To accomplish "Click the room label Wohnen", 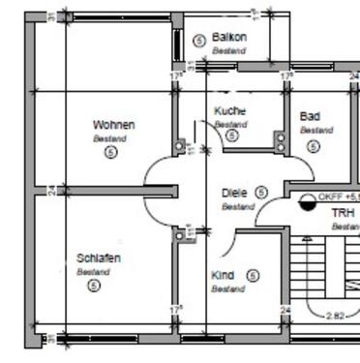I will click(x=113, y=125).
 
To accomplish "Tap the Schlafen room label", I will click(x=99, y=258).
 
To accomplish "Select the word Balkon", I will click(x=229, y=38).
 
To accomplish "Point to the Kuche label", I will click(x=229, y=111).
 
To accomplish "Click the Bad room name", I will click(x=311, y=116).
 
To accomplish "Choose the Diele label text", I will click(x=234, y=193).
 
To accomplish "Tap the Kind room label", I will click(x=223, y=275).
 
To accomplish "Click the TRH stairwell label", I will click(x=343, y=213).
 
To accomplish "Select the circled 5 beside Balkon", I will click(x=199, y=41).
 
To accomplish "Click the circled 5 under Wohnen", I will click(x=109, y=153).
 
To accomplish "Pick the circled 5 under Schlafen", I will click(x=94, y=286).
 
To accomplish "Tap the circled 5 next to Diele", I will click(x=261, y=193).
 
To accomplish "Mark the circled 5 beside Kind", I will click(x=252, y=275).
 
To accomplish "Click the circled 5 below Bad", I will click(x=313, y=146).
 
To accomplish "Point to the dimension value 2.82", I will click(x=335, y=315).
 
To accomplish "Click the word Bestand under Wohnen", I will click(x=109, y=138).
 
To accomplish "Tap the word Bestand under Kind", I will click(x=227, y=288).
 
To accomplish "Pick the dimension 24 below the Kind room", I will click(x=285, y=310).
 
